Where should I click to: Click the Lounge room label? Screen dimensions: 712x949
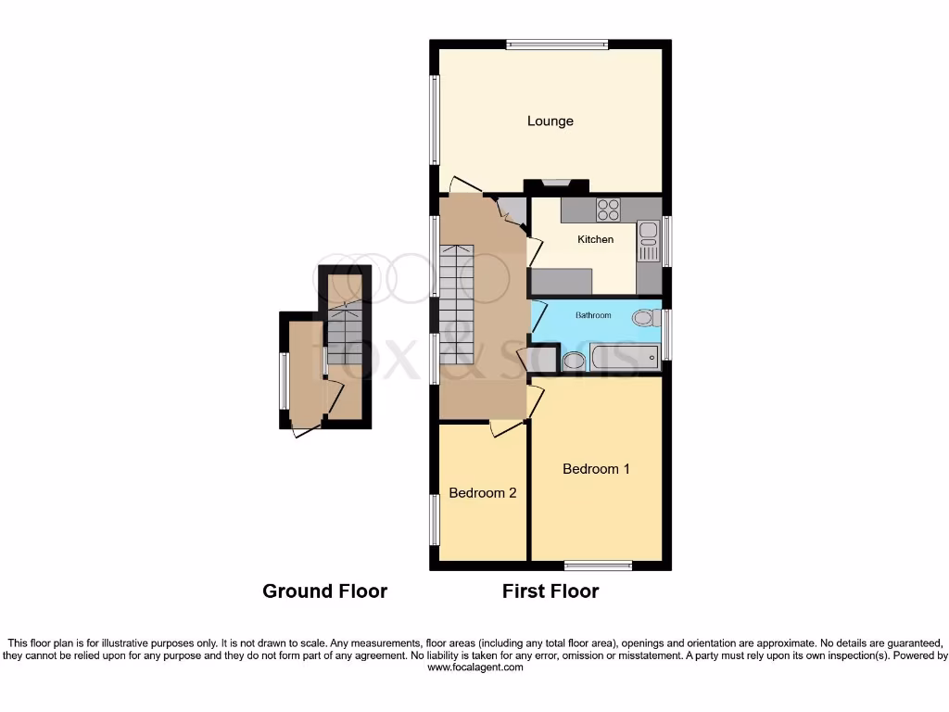coord(550,121)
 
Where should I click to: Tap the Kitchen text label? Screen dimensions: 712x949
coord(595,239)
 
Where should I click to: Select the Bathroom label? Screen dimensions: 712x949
coord(593,315)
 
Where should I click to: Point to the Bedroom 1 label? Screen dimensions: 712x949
coord(596,469)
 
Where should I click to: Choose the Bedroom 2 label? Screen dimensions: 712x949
coord(482,493)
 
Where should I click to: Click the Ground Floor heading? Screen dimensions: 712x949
coord(324,591)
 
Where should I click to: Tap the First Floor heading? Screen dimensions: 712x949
coord(550,591)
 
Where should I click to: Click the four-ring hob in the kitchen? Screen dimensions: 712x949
coord(608,210)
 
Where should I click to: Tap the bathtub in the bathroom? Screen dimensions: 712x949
coord(624,356)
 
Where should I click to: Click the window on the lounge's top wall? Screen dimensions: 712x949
coord(557,44)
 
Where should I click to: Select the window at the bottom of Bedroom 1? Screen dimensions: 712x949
coord(599,566)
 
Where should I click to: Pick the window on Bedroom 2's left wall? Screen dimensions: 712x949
coord(434,519)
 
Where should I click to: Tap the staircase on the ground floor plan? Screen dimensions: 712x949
coord(344,334)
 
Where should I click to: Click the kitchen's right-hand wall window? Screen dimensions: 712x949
coord(666,241)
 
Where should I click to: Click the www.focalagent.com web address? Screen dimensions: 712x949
coord(474,667)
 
